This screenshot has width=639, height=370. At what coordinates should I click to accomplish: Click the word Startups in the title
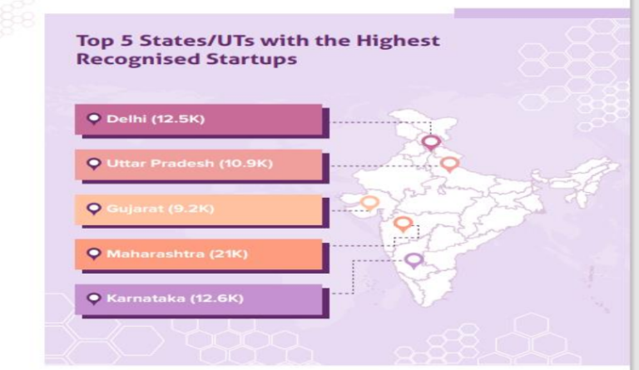257,61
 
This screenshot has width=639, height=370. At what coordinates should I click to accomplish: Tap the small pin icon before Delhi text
94,119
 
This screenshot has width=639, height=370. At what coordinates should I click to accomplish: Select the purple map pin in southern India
414,260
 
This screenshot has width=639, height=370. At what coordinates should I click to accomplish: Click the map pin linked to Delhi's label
430,142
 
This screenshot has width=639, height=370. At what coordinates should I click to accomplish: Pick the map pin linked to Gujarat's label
370,202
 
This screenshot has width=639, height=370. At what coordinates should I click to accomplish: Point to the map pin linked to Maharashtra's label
403,224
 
